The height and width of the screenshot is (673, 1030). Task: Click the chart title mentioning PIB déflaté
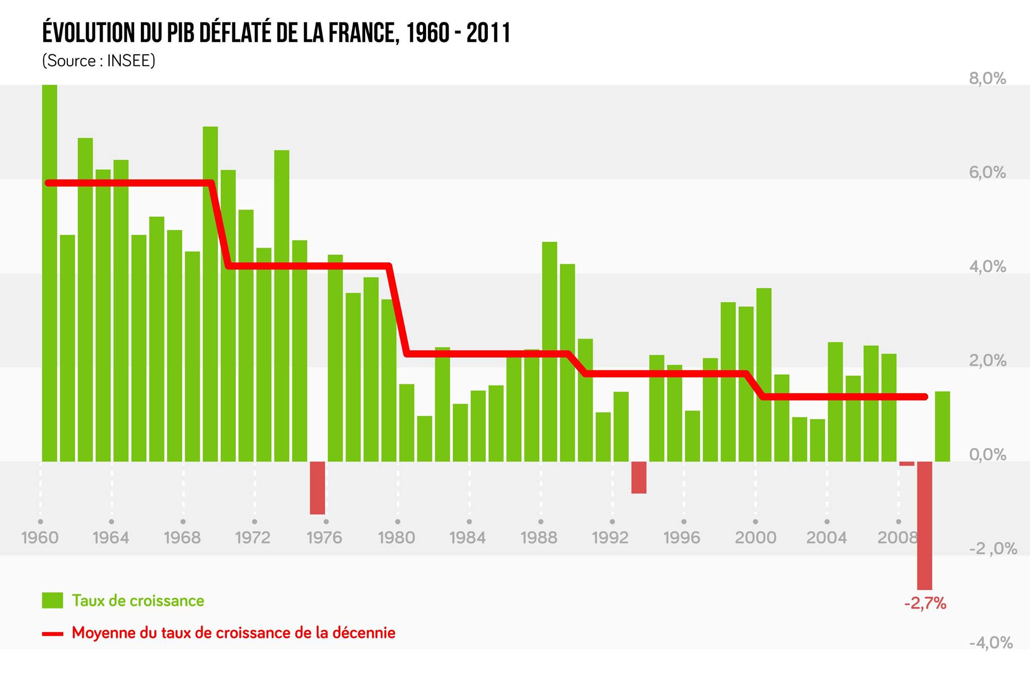click(x=276, y=34)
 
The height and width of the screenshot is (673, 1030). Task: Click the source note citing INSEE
click(x=99, y=61)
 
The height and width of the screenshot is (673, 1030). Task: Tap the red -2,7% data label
click(x=925, y=603)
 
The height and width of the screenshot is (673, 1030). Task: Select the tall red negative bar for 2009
click(x=924, y=525)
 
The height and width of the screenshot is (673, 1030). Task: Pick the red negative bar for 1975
click(x=317, y=487)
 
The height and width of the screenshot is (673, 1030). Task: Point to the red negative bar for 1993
click(x=639, y=477)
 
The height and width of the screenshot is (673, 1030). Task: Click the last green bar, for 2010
click(x=942, y=426)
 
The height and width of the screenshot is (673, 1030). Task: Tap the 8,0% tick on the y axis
click(x=987, y=78)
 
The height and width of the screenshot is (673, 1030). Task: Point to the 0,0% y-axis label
click(x=987, y=455)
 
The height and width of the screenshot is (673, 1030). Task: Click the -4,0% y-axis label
click(x=990, y=643)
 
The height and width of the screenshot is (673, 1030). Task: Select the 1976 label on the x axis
click(x=324, y=538)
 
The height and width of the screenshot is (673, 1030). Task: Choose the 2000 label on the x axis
click(x=755, y=538)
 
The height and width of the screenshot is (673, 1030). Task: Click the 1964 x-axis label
click(x=111, y=538)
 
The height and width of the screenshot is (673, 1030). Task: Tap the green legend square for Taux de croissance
click(x=52, y=600)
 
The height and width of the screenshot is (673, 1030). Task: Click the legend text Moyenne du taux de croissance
click(x=233, y=633)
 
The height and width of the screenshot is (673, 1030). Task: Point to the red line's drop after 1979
click(x=398, y=309)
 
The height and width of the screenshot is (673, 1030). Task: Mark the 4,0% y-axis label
click(x=987, y=267)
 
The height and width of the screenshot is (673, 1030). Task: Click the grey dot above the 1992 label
click(x=612, y=522)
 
